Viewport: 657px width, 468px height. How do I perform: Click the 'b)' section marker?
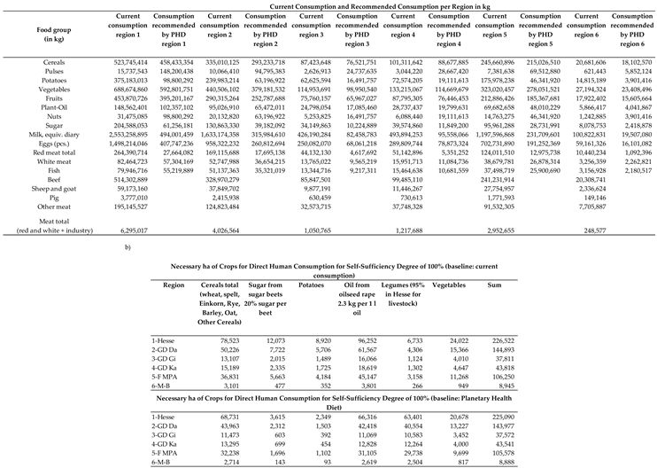(133, 263)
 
